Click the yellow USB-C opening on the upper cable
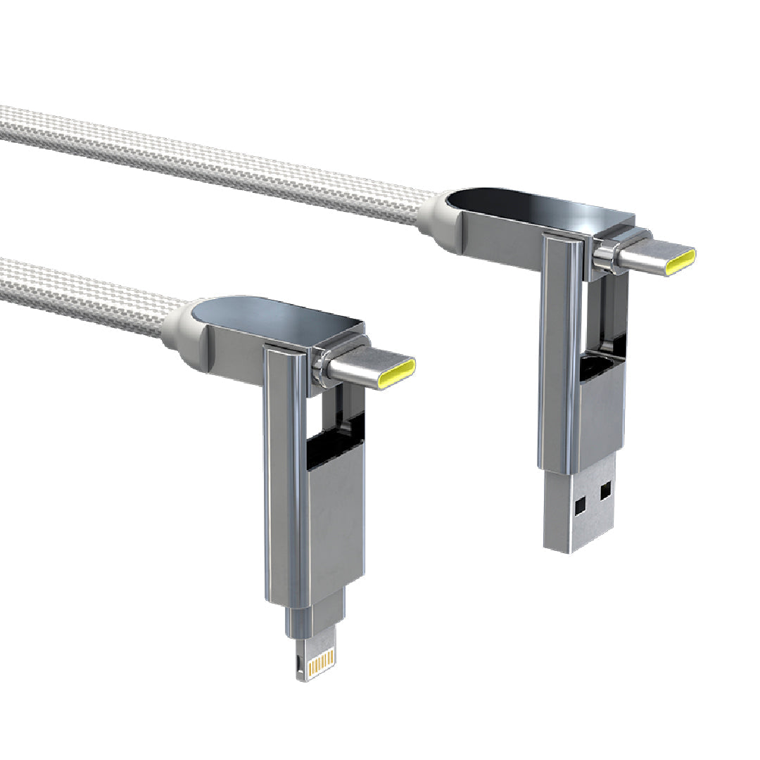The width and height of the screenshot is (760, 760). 681,261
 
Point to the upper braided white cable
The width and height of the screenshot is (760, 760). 211,162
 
